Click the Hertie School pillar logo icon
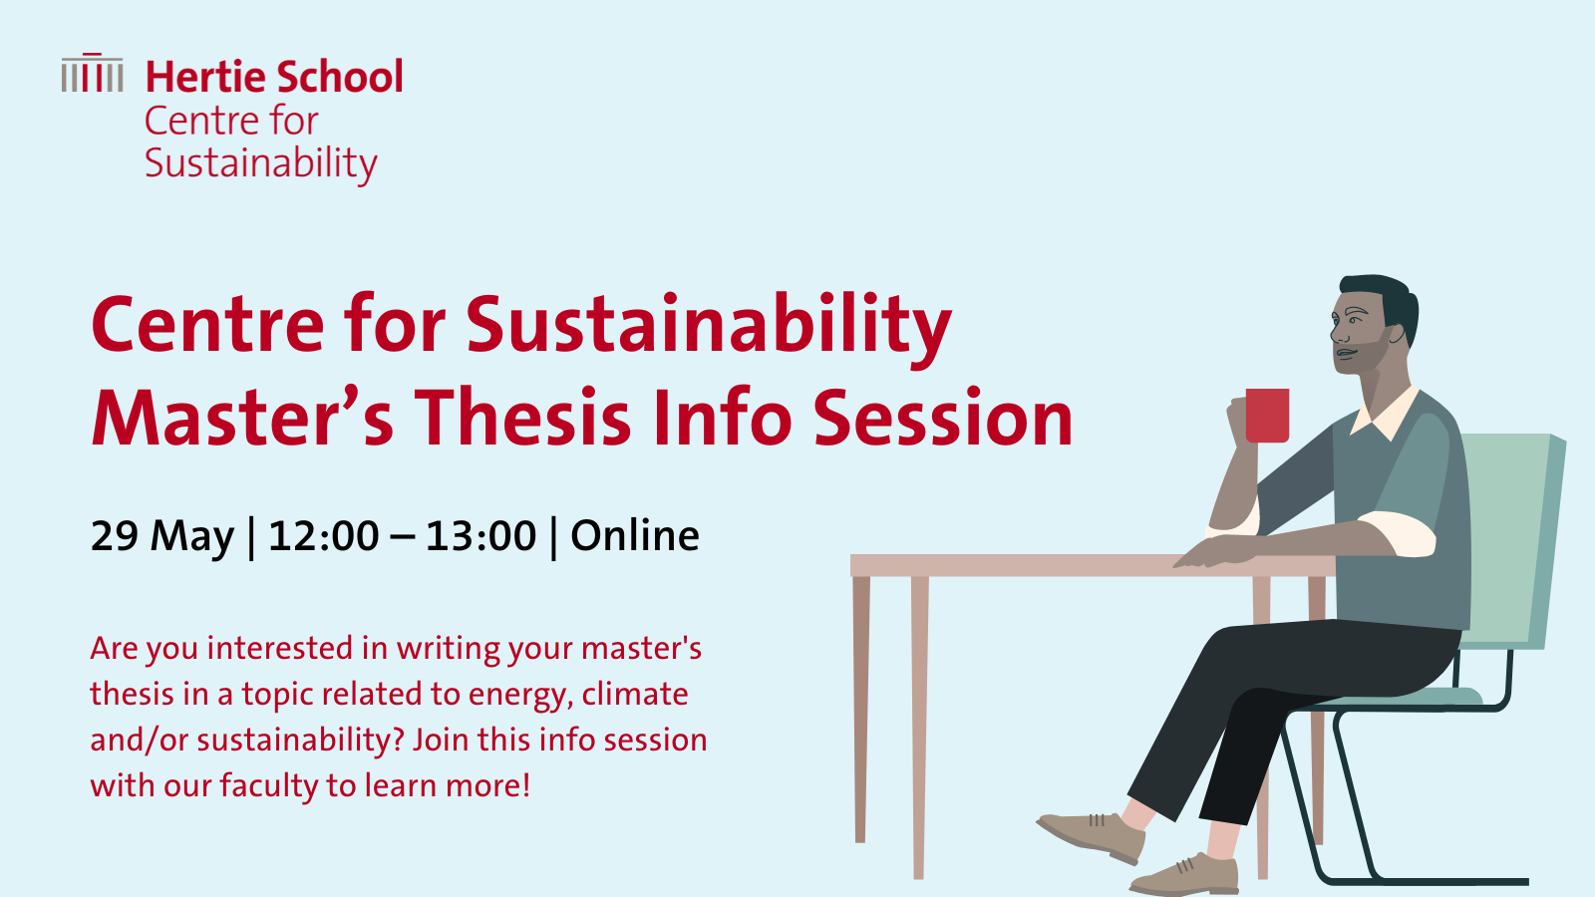(x=92, y=73)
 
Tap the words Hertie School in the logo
(x=274, y=77)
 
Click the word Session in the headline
(x=943, y=418)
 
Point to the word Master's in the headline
(x=242, y=418)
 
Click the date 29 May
(x=162, y=536)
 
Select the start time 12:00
(x=324, y=536)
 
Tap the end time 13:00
(x=480, y=536)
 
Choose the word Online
(x=635, y=535)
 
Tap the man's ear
(x=1397, y=333)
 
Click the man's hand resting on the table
(x=1214, y=552)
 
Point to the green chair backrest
(x=1513, y=541)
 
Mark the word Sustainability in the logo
(x=260, y=164)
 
